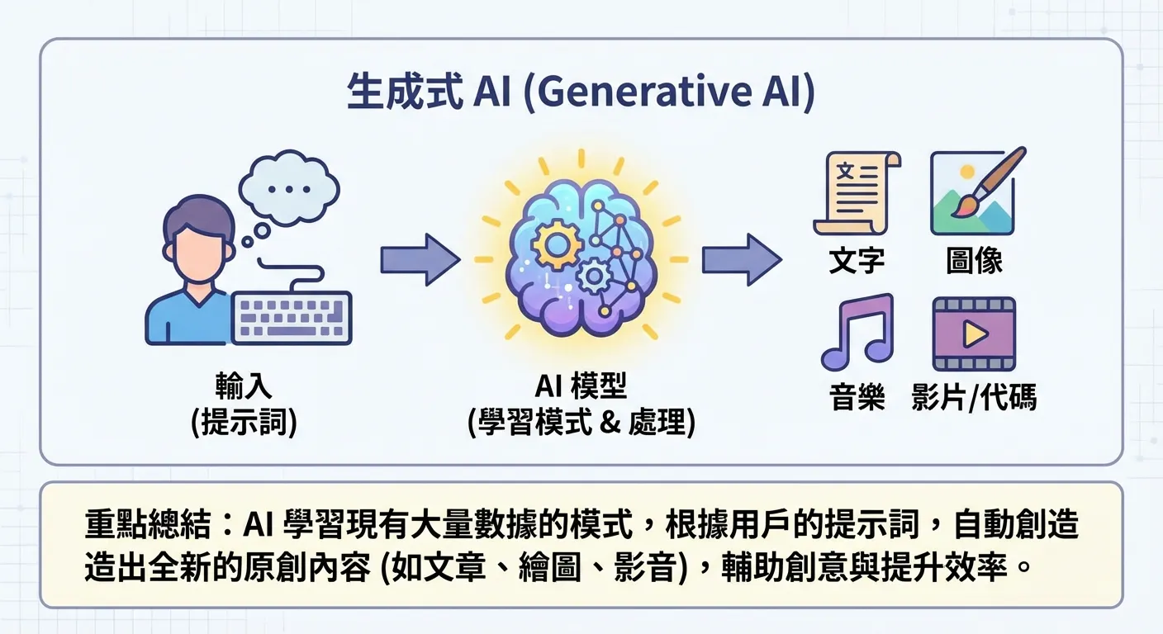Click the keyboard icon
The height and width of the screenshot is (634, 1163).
(x=292, y=318)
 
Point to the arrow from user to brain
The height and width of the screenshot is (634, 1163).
(x=418, y=259)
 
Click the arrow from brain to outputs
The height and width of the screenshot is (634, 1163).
(x=740, y=259)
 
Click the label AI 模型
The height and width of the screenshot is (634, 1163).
(x=581, y=386)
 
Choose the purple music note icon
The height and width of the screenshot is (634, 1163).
(x=856, y=332)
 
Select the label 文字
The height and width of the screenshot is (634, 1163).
(x=857, y=261)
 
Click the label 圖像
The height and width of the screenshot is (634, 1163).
(x=974, y=261)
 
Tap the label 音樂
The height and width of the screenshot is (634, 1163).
(x=857, y=398)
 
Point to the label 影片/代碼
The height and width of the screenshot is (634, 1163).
(x=974, y=398)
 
